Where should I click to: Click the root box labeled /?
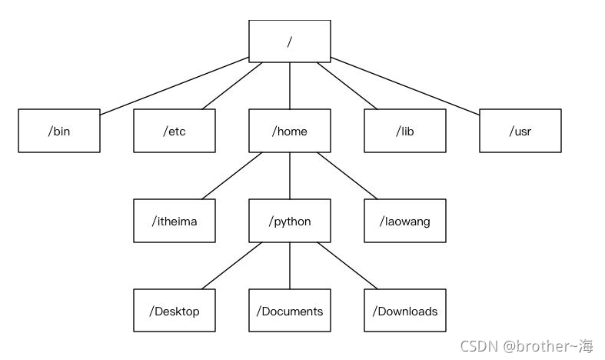pos(290,42)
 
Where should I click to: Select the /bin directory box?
pos(59,131)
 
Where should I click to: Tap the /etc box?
pos(175,131)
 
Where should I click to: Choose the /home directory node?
pos(290,131)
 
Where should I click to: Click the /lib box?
pos(405,131)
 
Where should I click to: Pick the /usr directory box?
pos(520,131)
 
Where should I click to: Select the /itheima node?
pos(175,221)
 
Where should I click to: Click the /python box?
pos(290,221)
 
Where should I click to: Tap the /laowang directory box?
pos(405,221)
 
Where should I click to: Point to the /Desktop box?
pos(175,311)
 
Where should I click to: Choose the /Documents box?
pos(290,311)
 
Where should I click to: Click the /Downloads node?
pos(405,311)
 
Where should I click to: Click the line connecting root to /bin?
pos(175,85)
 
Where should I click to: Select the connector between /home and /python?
pos(290,175)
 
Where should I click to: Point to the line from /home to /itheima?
pos(232,175)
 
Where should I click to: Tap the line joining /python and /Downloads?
pos(347,265)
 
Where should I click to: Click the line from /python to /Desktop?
pos(232,265)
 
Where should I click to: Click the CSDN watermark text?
pos(527,346)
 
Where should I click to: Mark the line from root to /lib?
pos(347,85)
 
